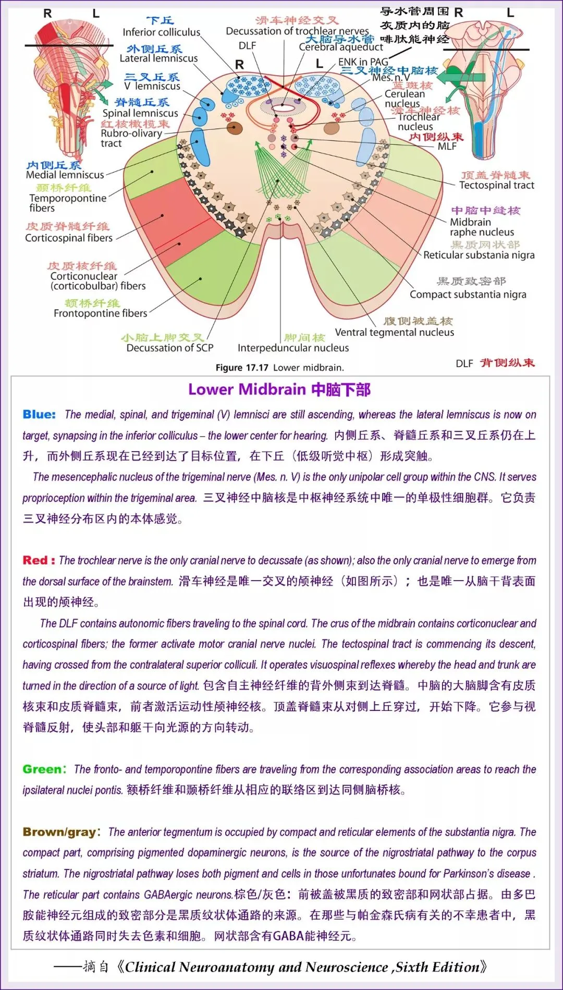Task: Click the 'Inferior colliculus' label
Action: click(x=161, y=32)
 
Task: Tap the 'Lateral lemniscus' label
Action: click(x=158, y=58)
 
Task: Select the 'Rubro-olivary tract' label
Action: click(x=131, y=138)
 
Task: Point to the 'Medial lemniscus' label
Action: click(x=65, y=175)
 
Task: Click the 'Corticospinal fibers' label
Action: click(x=69, y=238)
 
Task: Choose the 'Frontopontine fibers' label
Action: click(x=101, y=313)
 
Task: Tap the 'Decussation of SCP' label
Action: click(x=170, y=348)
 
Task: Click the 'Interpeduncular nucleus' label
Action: click(x=293, y=348)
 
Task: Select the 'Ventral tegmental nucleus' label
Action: click(x=394, y=332)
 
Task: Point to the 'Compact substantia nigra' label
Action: click(x=468, y=294)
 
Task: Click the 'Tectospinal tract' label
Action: click(x=496, y=185)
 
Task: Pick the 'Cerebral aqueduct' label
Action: click(x=340, y=47)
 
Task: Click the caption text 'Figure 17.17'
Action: click(x=242, y=367)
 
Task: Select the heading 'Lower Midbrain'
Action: click(x=247, y=390)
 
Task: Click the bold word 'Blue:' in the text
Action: click(x=39, y=415)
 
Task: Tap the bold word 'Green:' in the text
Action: click(x=44, y=769)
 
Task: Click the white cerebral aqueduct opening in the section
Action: click(x=287, y=107)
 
